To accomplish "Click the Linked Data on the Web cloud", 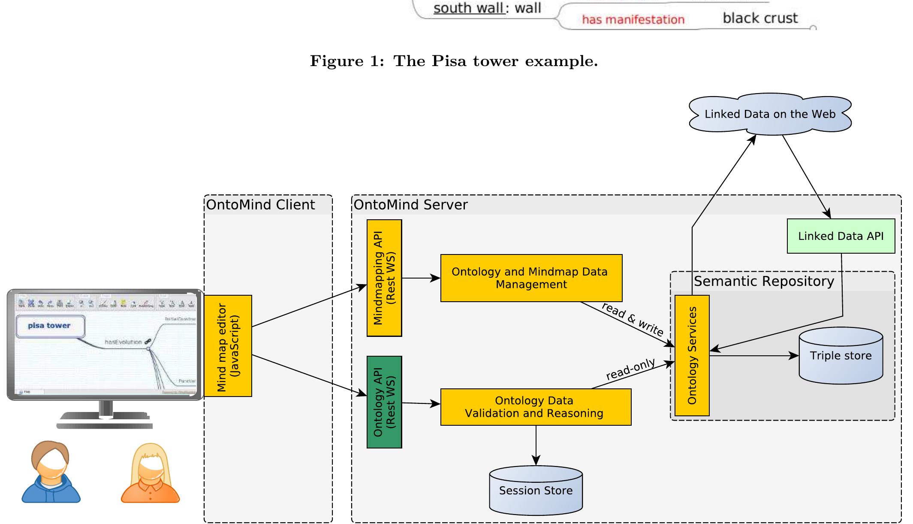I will coord(770,114).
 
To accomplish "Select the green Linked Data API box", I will coord(841,236).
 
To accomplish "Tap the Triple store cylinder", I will coord(841,356).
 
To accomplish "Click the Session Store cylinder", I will coord(536,491).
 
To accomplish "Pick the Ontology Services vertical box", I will coord(692,355).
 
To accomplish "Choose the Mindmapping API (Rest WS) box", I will coord(384,278).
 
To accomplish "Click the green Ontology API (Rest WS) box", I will coord(384,402).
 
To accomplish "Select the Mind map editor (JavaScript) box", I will coord(228,346).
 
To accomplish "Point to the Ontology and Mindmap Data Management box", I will coord(531,278).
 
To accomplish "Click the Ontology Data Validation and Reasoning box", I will coord(535,407).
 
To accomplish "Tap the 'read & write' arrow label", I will coord(633,319).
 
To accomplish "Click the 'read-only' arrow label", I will coord(630,369).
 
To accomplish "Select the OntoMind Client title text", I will coord(260,205).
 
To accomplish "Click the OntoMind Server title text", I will coord(410,205).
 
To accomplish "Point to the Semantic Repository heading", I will coord(764,281).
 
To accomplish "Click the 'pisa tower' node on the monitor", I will coord(50,326).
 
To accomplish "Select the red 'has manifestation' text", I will coord(633,20).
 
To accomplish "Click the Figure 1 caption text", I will coord(454,61).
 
